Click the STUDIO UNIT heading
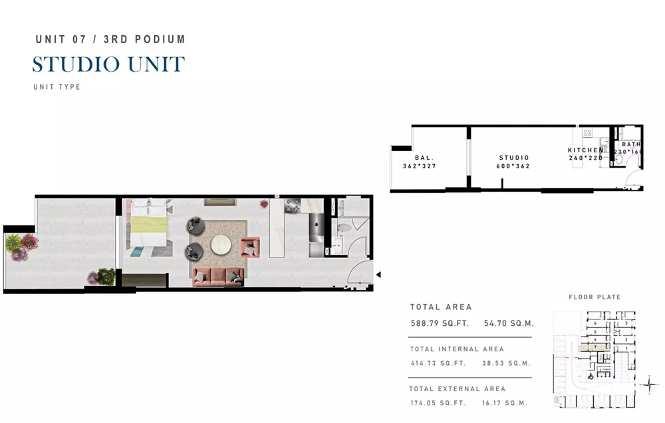(x=108, y=65)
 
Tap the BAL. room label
(x=424, y=158)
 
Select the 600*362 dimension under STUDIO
(x=513, y=166)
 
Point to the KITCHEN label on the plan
(x=585, y=150)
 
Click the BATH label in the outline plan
(x=631, y=144)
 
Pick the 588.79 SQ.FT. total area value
(x=440, y=324)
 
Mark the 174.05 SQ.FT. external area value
(x=439, y=403)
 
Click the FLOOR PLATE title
(x=595, y=297)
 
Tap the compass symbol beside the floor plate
(x=650, y=385)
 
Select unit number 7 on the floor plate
(x=595, y=347)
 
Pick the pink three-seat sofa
(x=218, y=277)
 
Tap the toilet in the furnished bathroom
(x=343, y=229)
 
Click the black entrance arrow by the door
(x=378, y=274)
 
